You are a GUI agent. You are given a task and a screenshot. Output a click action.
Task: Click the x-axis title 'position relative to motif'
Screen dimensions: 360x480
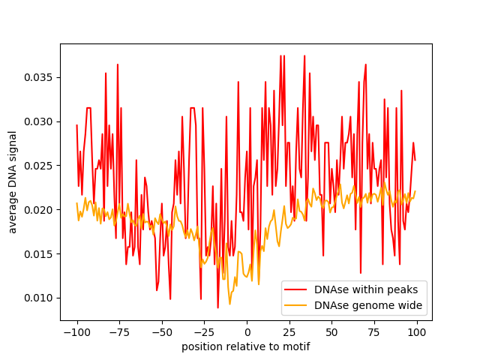[246, 346]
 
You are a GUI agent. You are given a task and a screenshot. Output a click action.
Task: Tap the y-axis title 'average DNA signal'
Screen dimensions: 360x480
[13, 182]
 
